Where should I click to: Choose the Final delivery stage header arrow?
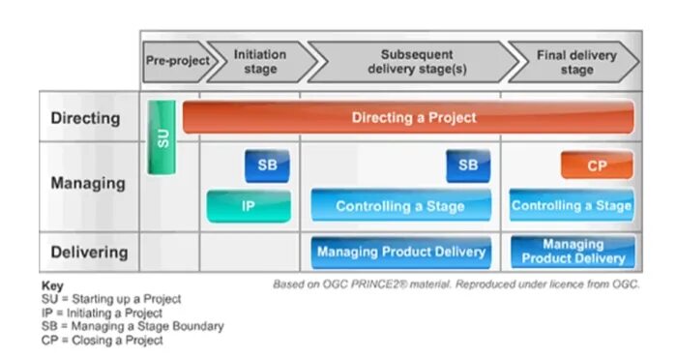(573, 61)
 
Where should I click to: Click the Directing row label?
(85, 118)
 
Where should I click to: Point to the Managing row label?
(87, 182)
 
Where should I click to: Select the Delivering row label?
(89, 253)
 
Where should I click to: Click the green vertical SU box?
(161, 136)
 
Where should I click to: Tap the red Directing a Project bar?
(408, 117)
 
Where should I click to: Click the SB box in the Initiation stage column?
(267, 165)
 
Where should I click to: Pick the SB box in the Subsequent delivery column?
(468, 165)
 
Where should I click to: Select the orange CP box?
(597, 165)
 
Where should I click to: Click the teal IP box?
(249, 205)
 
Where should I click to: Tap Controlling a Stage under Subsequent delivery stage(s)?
(400, 205)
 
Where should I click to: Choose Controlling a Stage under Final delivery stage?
(572, 205)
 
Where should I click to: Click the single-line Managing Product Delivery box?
(400, 253)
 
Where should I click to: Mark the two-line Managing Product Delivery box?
(572, 252)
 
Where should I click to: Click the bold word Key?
(52, 287)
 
